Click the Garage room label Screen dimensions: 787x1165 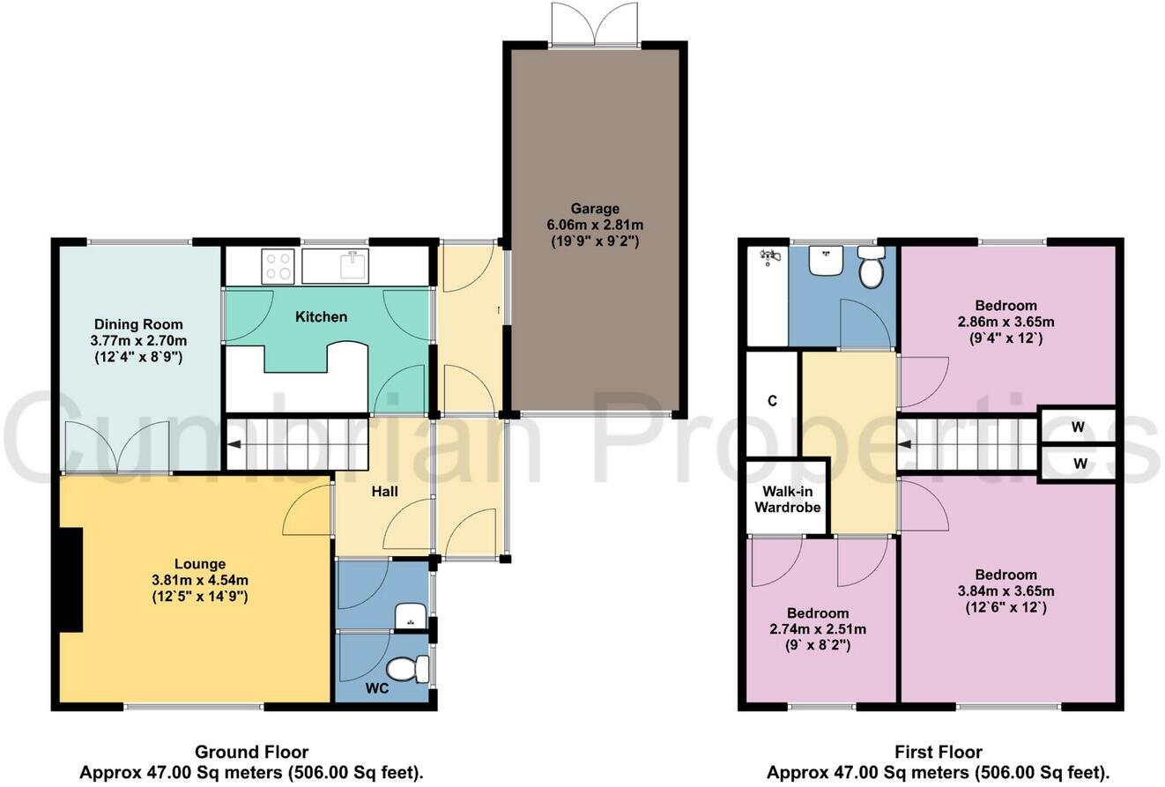pos(595,209)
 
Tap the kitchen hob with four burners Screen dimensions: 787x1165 pos(278,265)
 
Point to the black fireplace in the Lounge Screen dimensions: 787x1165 pos(70,580)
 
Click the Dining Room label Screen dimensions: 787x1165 pos(138,324)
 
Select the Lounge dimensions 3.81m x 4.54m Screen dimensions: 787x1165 pos(199,580)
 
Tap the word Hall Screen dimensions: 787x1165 pos(385,491)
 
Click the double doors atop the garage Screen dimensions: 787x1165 pos(595,25)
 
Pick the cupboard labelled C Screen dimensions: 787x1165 pos(772,401)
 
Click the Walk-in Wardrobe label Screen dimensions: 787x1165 pos(787,499)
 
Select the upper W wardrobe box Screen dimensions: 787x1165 pos(1079,427)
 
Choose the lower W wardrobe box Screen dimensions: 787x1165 pos(1079,463)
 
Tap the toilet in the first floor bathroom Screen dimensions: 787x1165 pos(871,266)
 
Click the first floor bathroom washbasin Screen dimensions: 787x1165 pos(826,260)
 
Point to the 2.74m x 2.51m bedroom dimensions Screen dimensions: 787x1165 pos(818,629)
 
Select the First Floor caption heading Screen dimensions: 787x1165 pos(938,752)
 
